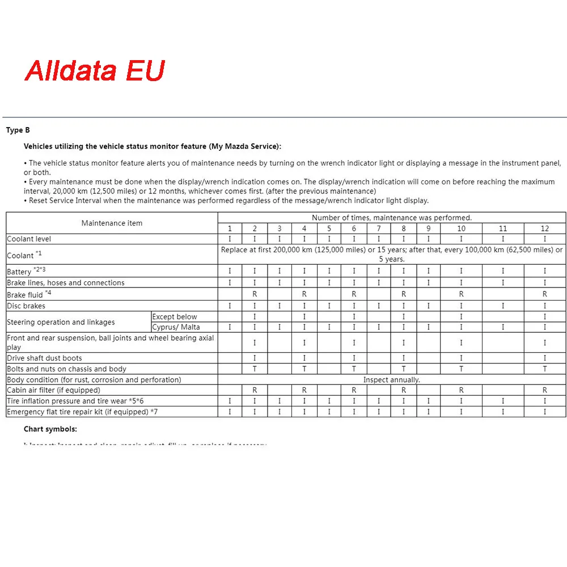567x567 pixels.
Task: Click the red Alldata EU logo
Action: pyautogui.click(x=95, y=70)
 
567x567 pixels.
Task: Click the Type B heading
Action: pyautogui.click(x=14, y=130)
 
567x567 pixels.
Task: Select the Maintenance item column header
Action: pyautogui.click(x=112, y=223)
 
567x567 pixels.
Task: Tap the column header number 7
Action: pyautogui.click(x=379, y=229)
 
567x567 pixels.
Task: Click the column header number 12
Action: pyautogui.click(x=545, y=229)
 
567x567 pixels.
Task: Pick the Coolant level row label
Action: pyautogui.click(x=29, y=239)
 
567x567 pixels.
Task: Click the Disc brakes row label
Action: pyautogui.click(x=26, y=306)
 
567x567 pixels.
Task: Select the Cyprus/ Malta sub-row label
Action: pyautogui.click(x=176, y=327)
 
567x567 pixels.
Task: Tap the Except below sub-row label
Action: pyautogui.click(x=175, y=317)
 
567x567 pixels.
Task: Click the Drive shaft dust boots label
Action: pyautogui.click(x=44, y=358)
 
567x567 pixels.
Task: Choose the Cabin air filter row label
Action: pyautogui.click(x=53, y=390)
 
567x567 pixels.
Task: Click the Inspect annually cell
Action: pyautogui.click(x=391, y=380)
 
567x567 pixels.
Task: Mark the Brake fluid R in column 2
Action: pyautogui.click(x=255, y=294)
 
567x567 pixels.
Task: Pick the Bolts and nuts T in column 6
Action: pyautogui.click(x=354, y=369)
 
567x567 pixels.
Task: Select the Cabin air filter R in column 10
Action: pyautogui.click(x=461, y=390)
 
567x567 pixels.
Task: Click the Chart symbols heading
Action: pyautogui.click(x=50, y=429)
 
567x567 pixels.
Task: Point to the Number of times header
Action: pyautogui.click(x=391, y=218)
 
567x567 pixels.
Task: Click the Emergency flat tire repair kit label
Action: pyautogui.click(x=82, y=412)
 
